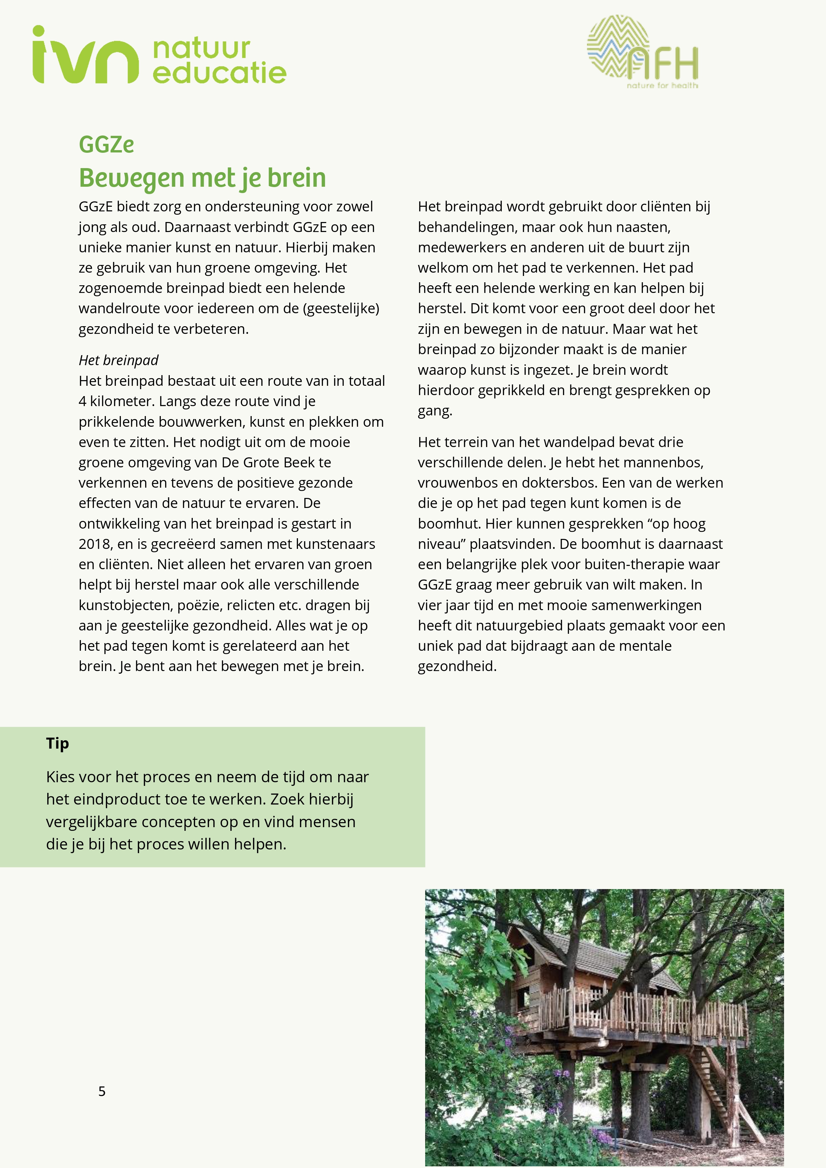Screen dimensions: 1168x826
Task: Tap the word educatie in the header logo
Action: [219, 73]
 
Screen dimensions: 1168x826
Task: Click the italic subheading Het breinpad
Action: [119, 360]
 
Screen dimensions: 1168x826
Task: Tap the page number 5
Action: [102, 1091]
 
